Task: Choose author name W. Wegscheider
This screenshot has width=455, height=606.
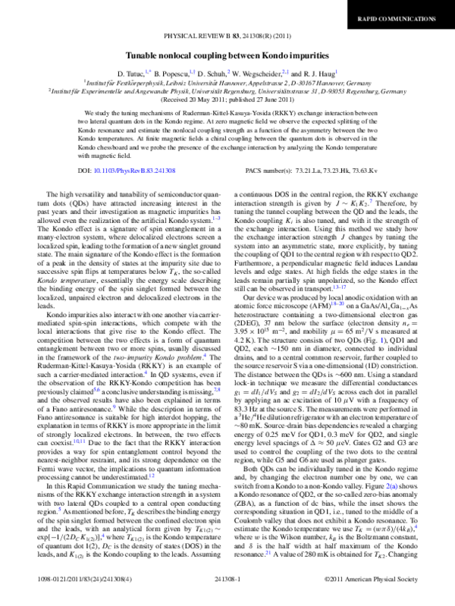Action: click(x=257, y=73)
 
